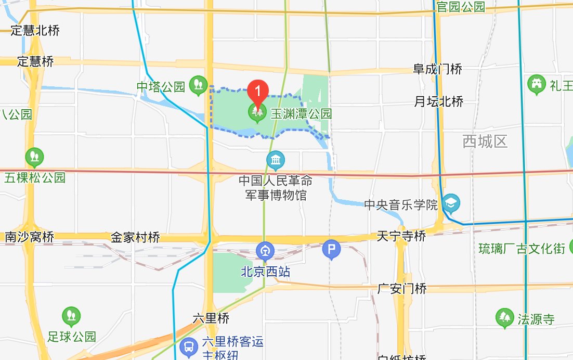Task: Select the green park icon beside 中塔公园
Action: click(198, 85)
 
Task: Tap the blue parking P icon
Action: click(331, 250)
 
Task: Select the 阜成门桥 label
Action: click(437, 69)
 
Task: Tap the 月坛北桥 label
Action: click(438, 101)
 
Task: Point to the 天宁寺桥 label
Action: click(402, 237)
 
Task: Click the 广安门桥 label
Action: click(402, 288)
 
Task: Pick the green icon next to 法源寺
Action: click(504, 319)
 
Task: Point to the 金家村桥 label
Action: click(135, 238)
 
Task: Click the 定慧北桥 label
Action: click(35, 30)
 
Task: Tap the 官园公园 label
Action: click(461, 7)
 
